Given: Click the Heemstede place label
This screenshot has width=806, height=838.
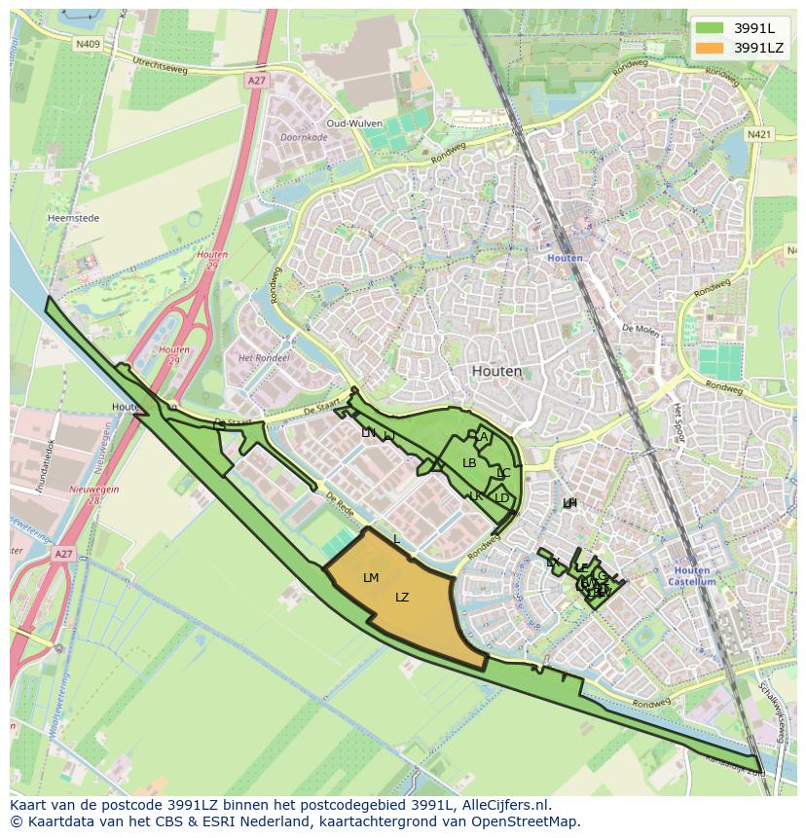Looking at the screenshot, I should click(74, 219).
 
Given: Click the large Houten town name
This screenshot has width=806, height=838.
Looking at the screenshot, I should click(496, 371).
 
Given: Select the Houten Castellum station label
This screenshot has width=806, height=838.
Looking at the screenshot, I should click(692, 576).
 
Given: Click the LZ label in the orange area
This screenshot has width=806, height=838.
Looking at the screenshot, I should click(402, 598).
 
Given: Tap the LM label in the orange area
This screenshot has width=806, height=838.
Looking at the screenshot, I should click(371, 578).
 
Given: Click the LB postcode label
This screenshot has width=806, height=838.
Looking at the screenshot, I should click(469, 463).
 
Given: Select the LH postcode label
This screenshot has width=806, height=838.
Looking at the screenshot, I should click(569, 502).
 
